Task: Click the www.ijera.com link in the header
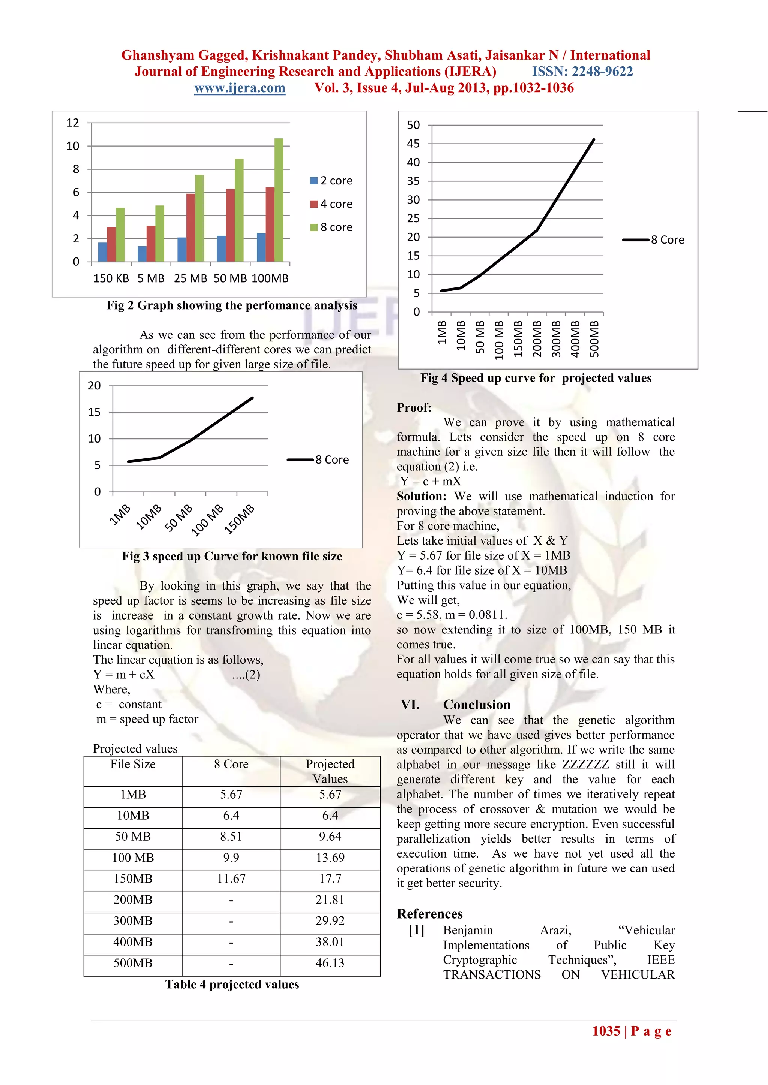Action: click(240, 88)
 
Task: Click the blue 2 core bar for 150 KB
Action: click(102, 252)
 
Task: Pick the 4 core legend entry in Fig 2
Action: click(331, 204)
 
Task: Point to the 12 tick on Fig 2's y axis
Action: click(73, 123)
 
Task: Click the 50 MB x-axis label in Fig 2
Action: click(230, 278)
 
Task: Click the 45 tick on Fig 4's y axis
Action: click(413, 144)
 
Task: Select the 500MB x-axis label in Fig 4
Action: click(594, 339)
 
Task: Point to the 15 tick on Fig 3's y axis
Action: click(94, 412)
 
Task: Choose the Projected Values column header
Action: click(330, 771)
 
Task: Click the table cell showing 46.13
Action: click(330, 963)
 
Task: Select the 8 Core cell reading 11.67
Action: click(231, 879)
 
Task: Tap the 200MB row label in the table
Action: click(133, 900)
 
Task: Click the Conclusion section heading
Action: click(476, 705)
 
